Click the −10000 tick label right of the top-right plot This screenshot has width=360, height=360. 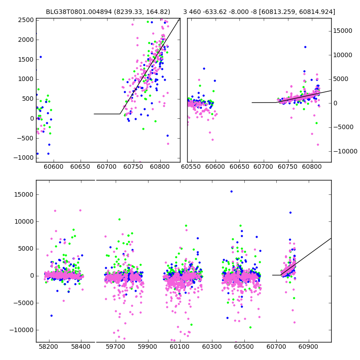pyautogui.click(x=345, y=151)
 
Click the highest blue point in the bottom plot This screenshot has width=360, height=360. pyautogui.click(x=231, y=191)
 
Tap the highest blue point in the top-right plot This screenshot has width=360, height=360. pyautogui.click(x=305, y=47)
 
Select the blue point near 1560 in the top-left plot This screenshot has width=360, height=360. pyautogui.click(x=40, y=57)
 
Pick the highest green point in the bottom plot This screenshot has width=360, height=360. pyautogui.click(x=119, y=219)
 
